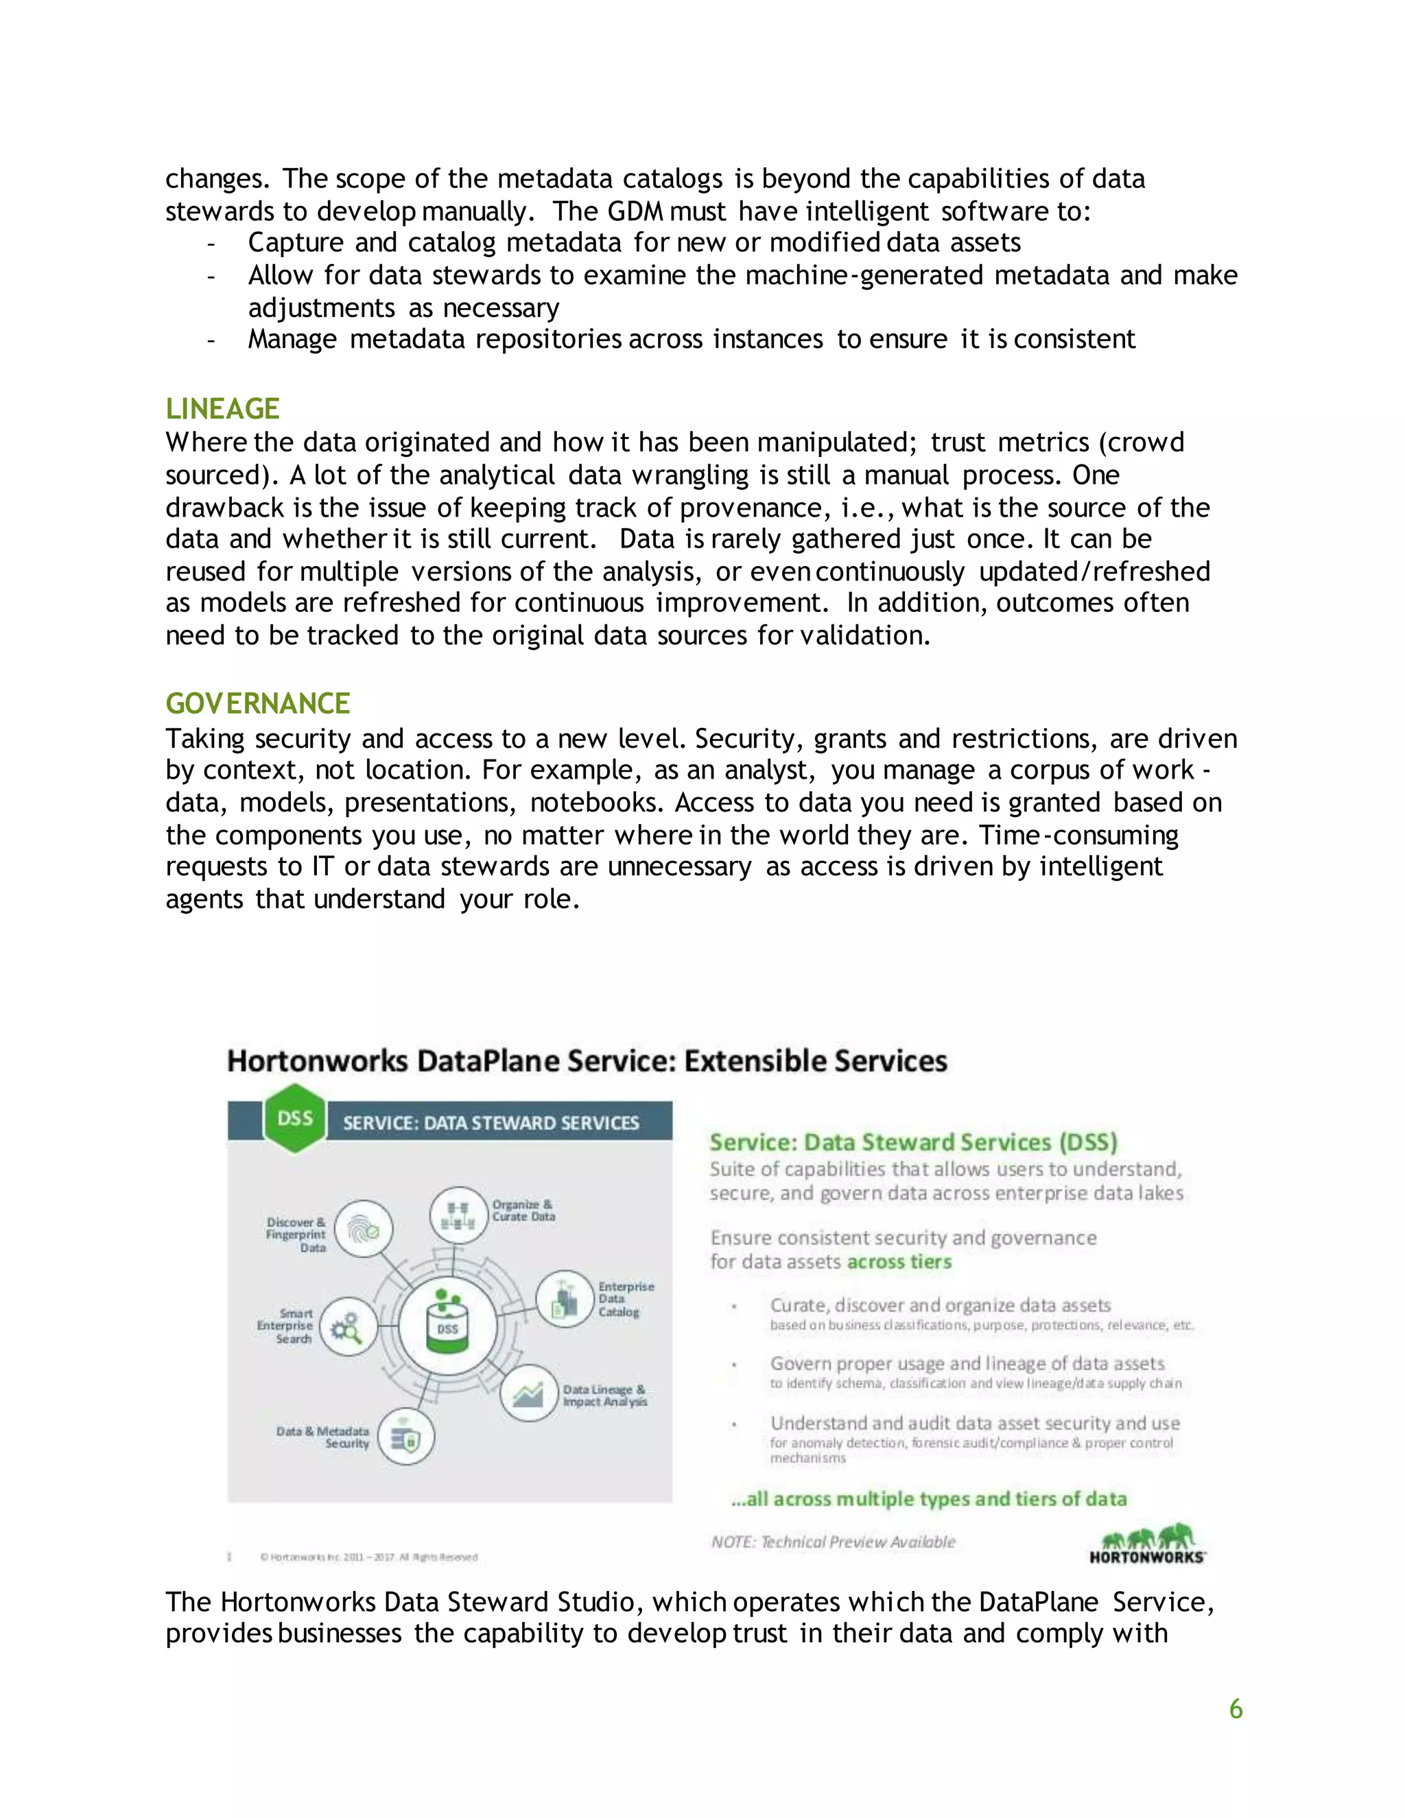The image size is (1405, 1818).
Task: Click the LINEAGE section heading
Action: coord(222,409)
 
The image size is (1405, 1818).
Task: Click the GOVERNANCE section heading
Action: coord(257,703)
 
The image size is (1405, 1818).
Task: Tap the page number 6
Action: coord(1235,1709)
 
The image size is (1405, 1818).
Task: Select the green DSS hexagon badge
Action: coord(294,1118)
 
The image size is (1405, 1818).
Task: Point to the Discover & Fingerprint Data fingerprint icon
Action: coord(364,1229)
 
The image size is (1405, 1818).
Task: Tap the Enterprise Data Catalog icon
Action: coord(565,1299)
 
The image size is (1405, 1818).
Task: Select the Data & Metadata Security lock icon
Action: coord(405,1437)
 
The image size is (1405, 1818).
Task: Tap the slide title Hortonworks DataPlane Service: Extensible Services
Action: coord(587,1061)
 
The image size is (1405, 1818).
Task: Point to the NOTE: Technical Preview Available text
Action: coord(833,1542)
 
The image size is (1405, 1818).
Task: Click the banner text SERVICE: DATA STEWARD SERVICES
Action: coord(491,1123)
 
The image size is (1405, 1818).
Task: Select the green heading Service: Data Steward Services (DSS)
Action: coord(913,1142)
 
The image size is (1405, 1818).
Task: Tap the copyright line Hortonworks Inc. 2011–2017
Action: coord(368,1557)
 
